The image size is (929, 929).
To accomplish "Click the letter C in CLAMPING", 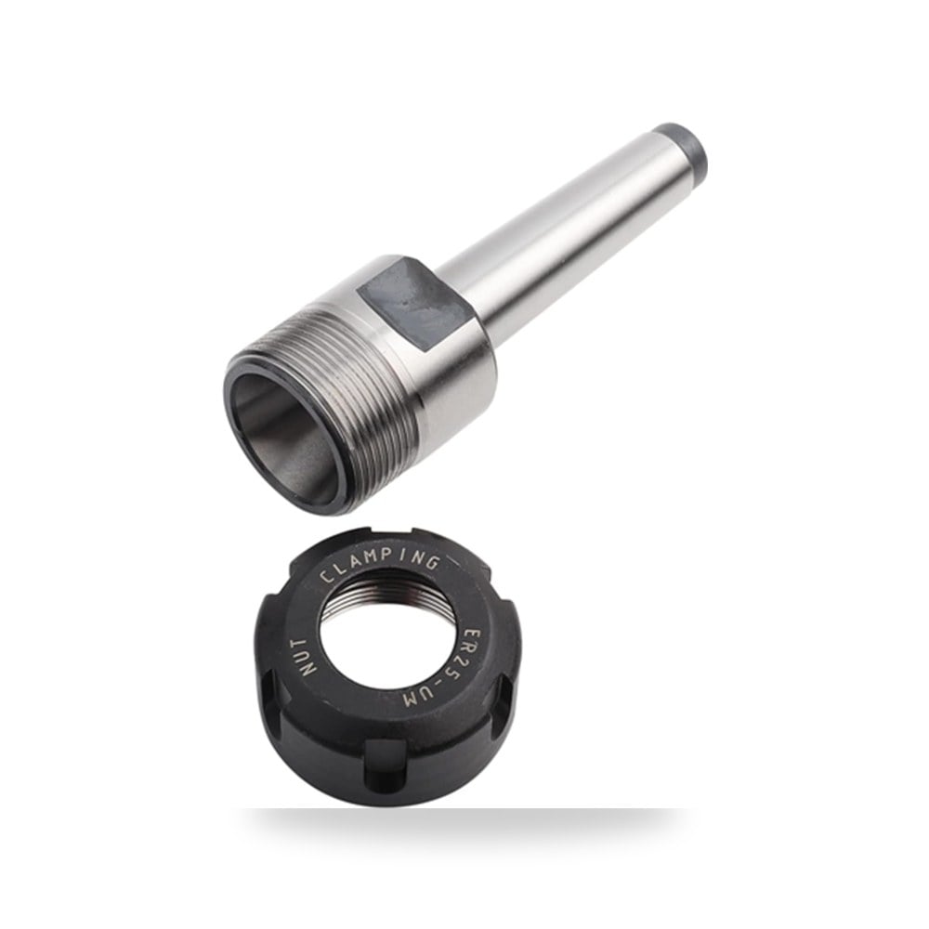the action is tap(327, 578).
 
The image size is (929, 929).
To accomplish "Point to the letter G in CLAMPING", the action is tap(432, 561).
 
